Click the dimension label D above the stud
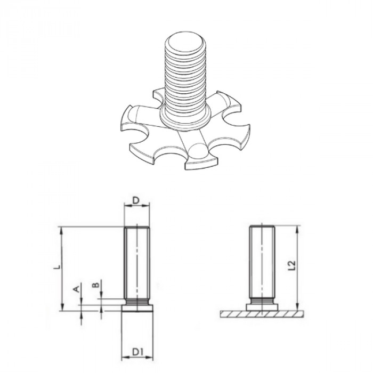pyautogui.click(x=136, y=200)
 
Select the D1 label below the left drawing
pyautogui.click(x=137, y=352)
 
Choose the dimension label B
pyautogui.click(x=95, y=285)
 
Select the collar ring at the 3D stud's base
pyautogui.click(x=184, y=118)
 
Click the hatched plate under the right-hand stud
pyautogui.click(x=261, y=314)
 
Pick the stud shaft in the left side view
pyautogui.click(x=136, y=264)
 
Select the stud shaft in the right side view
pyautogui.click(x=262, y=264)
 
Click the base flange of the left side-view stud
pyautogui.click(x=136, y=307)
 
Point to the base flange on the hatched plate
pyautogui.click(x=262, y=307)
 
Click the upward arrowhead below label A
pyautogui.click(x=81, y=315)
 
